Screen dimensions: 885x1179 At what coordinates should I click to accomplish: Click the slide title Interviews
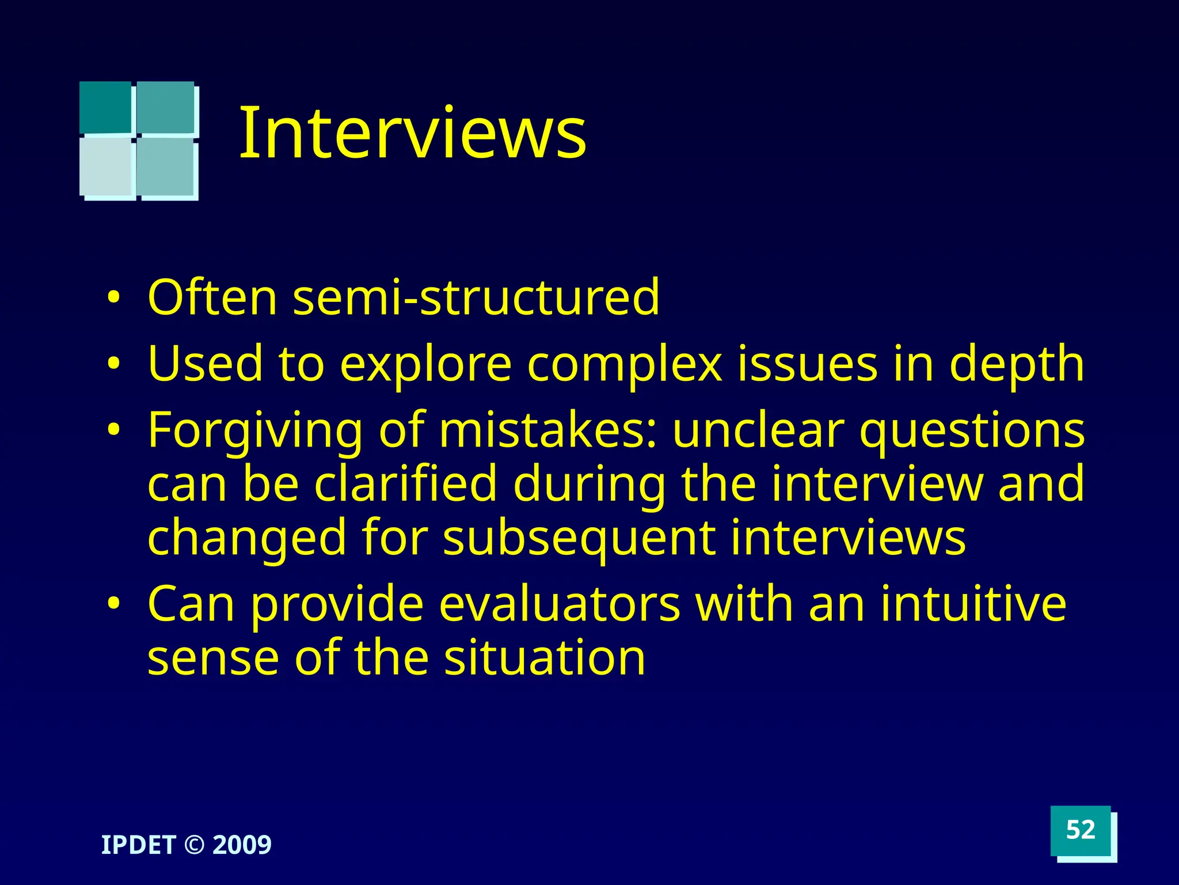(x=412, y=133)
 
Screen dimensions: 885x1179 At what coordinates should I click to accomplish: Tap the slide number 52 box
(x=1080, y=830)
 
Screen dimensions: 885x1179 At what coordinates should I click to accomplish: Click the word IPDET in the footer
(x=138, y=845)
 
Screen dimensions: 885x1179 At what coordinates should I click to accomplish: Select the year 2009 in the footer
(x=242, y=845)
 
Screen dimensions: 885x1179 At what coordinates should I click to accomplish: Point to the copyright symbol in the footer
(x=194, y=845)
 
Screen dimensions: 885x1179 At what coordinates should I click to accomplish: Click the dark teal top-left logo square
(x=105, y=107)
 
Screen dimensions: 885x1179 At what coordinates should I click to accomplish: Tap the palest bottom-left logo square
(x=106, y=167)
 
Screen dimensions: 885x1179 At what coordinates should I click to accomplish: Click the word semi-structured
(x=476, y=297)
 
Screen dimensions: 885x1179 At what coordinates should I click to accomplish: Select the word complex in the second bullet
(x=625, y=364)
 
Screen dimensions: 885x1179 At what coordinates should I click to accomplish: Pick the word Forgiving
(x=255, y=431)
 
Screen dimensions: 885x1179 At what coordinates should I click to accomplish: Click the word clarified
(x=405, y=484)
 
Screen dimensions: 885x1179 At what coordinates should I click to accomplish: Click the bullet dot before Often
(x=114, y=298)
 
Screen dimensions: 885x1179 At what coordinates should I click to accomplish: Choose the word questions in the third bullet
(x=972, y=431)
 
